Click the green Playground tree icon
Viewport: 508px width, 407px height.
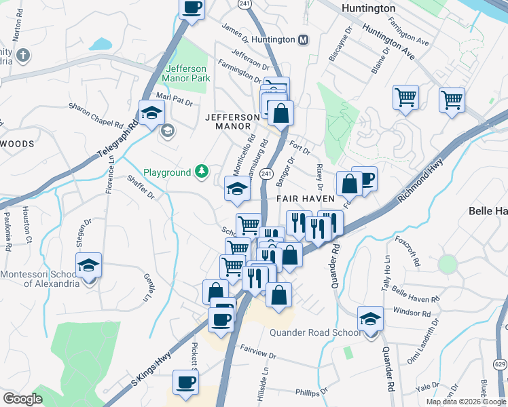[x=202, y=172]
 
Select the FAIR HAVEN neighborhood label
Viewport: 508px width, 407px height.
[x=305, y=199]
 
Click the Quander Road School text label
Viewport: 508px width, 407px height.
[x=315, y=332]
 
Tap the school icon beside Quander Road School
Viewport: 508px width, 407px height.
[x=370, y=318]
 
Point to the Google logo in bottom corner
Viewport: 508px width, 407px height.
[x=22, y=399]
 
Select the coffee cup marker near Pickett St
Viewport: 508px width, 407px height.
[x=185, y=382]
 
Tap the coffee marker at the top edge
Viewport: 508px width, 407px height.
[x=192, y=8]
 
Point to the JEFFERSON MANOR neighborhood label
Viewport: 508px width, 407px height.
[x=232, y=121]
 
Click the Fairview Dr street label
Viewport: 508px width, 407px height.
[x=258, y=355]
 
